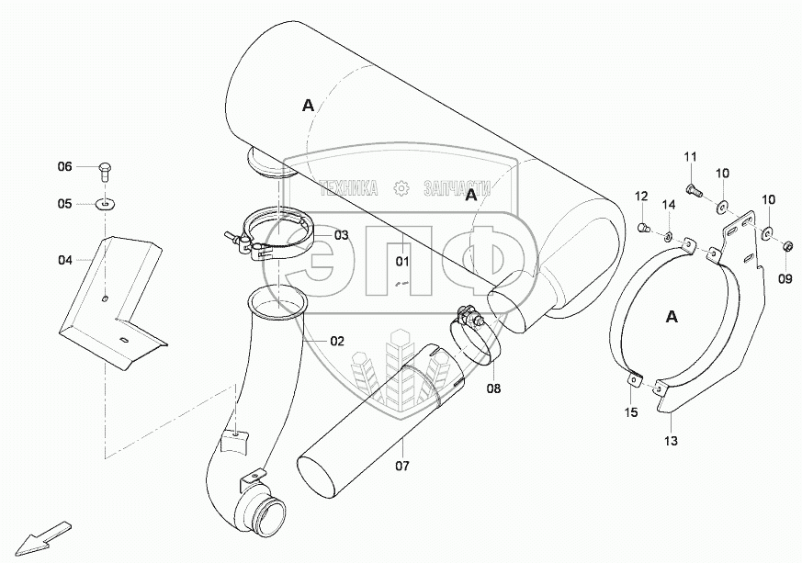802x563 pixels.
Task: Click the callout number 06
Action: coord(64,166)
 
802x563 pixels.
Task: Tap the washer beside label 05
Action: coord(107,203)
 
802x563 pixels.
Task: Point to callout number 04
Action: coord(64,260)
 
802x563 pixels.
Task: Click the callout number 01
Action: coord(402,262)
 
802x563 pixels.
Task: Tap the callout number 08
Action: coord(494,388)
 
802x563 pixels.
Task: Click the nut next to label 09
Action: coord(788,245)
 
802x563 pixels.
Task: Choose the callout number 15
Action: coord(631,413)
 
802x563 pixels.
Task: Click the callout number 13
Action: coord(672,442)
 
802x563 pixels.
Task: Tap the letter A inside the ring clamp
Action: coord(672,317)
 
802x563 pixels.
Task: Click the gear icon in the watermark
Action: coord(400,188)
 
